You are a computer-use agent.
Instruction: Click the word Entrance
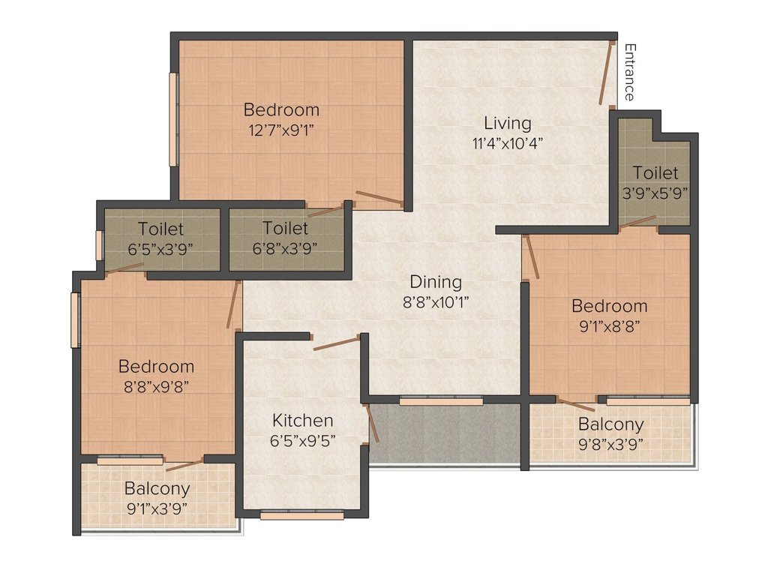coord(629,72)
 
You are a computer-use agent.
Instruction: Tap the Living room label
coord(507,123)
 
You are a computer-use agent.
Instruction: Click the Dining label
coord(436,282)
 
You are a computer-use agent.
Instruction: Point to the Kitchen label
coord(302,420)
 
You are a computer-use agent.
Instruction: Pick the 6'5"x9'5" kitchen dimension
coord(302,440)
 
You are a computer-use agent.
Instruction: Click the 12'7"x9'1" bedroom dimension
coord(281,130)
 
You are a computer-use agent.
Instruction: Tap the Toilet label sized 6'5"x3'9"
coord(160,228)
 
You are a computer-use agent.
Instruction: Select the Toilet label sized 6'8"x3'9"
coord(286,228)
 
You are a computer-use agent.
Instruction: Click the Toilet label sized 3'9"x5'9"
coord(655,173)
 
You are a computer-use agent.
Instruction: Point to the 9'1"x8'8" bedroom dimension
coord(609,326)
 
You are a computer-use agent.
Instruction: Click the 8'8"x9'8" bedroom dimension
coord(156,387)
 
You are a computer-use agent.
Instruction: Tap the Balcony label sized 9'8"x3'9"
coord(610,424)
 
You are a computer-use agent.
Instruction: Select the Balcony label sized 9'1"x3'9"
coord(157,489)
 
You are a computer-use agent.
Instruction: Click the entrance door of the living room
coord(606,72)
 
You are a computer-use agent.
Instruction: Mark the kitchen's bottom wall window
coord(302,515)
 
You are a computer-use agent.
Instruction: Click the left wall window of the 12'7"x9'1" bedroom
coord(173,118)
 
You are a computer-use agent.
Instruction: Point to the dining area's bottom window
coord(441,401)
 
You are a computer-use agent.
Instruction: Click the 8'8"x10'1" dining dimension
coord(436,303)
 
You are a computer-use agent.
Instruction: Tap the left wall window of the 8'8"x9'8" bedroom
coord(75,319)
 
